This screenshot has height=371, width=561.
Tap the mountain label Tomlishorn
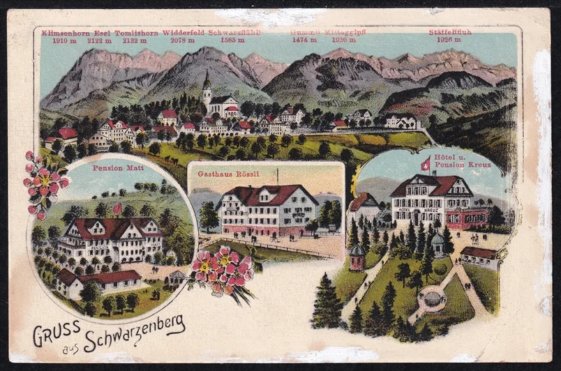(139, 33)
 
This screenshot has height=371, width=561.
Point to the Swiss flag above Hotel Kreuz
(425, 165)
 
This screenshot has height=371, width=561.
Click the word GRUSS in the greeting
(58, 333)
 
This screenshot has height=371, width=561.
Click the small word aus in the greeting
(71, 347)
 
